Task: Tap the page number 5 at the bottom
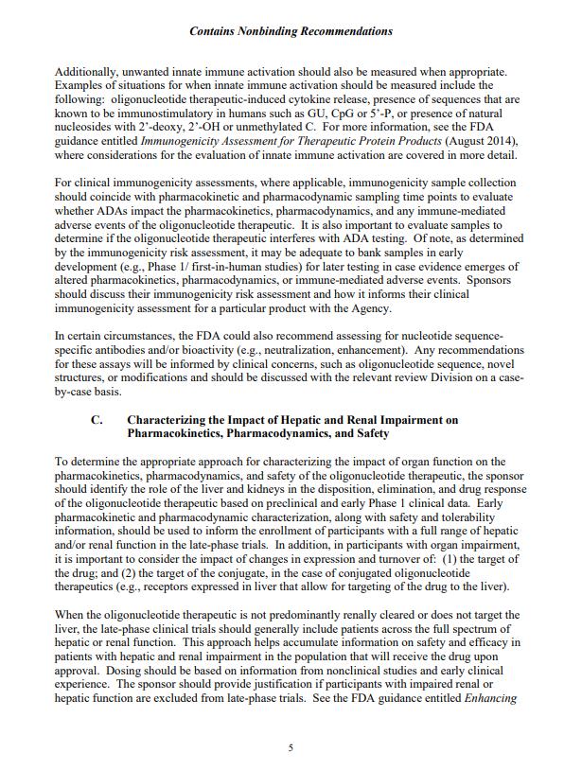click(x=291, y=747)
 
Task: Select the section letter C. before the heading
click(x=97, y=418)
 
